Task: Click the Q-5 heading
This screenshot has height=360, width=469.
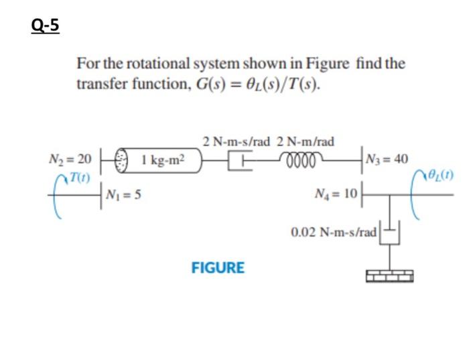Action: (45, 25)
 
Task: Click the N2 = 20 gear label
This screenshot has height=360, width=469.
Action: (70, 160)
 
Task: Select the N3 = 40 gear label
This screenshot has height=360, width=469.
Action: (388, 160)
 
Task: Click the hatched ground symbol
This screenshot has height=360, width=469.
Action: (390, 275)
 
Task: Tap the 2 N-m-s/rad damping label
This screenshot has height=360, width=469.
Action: (236, 141)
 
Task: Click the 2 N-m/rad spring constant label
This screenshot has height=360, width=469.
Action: (306, 141)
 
